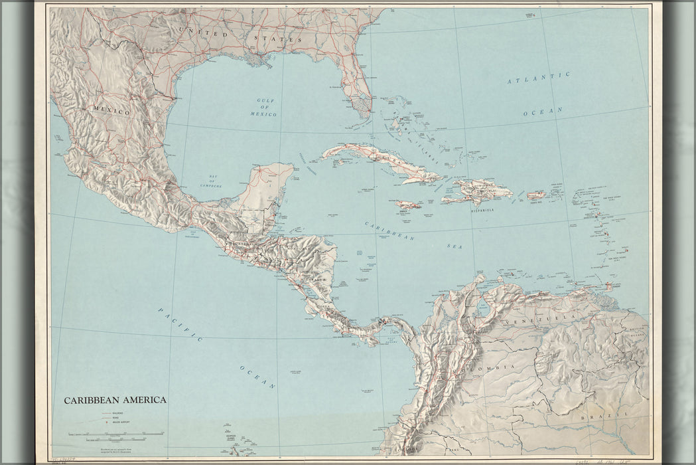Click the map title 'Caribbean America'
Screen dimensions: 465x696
point(115,401)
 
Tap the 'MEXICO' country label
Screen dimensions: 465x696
point(111,112)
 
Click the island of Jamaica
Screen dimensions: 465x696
point(407,205)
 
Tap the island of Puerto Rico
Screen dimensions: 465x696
point(536,195)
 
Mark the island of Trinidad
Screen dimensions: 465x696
point(608,287)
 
